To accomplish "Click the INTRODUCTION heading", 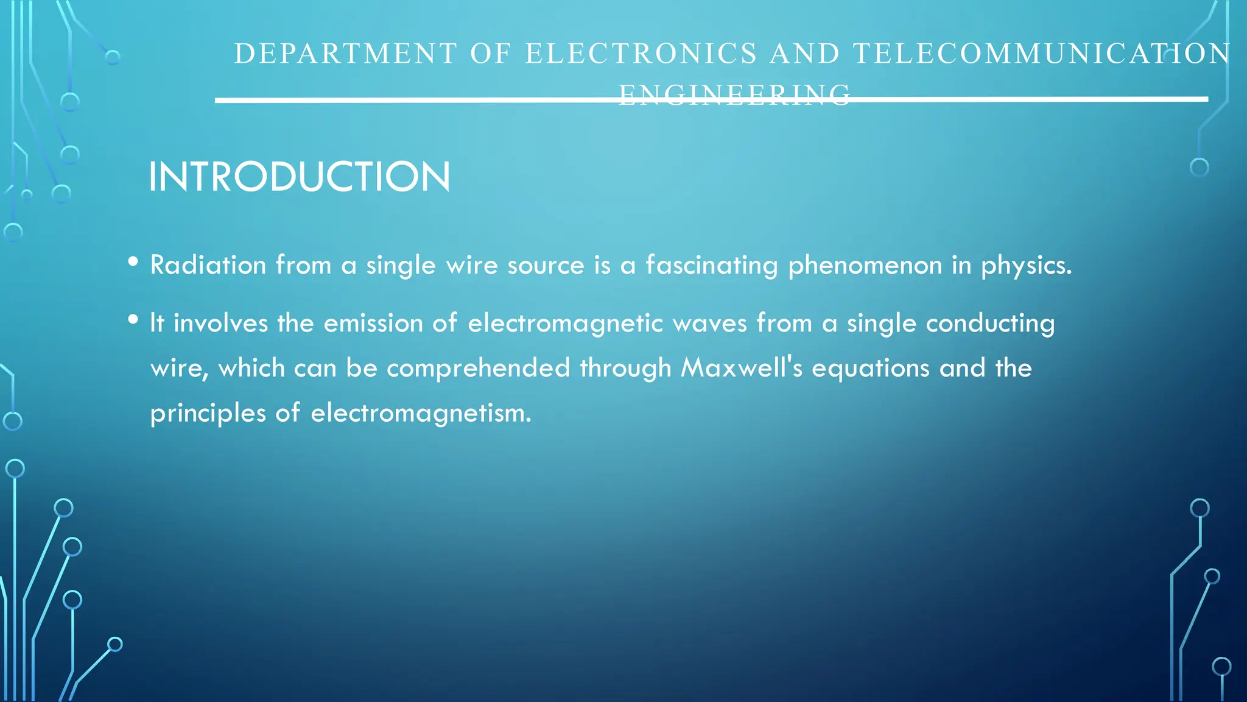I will point(300,177).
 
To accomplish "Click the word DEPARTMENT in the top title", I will point(345,54).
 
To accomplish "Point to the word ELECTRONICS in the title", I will point(641,54).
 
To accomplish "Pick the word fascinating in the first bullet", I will point(711,265).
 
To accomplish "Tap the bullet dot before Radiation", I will point(133,262).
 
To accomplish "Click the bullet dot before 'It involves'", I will point(133,320).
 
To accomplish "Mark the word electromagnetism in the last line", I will point(421,413).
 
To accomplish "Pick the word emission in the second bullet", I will point(373,323).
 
